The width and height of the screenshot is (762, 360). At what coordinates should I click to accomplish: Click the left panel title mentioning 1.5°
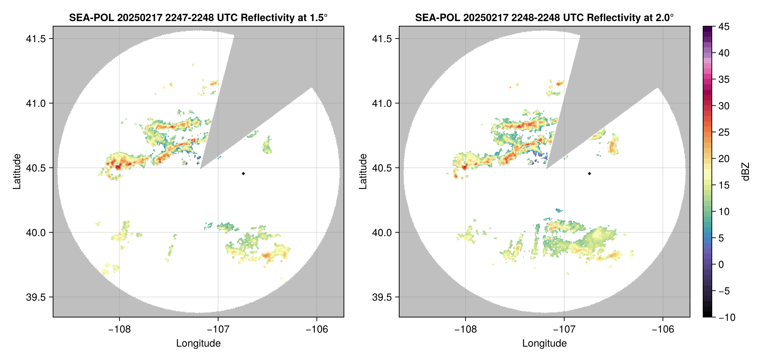click(198, 17)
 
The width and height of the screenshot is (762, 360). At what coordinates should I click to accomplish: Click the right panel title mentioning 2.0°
click(544, 17)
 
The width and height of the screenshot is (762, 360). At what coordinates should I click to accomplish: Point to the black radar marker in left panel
click(243, 173)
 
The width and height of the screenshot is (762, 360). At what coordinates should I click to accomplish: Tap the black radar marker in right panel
click(589, 173)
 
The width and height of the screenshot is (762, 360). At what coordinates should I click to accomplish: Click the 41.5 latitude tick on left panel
click(36, 39)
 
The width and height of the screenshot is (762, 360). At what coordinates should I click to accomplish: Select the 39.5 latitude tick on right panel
click(382, 297)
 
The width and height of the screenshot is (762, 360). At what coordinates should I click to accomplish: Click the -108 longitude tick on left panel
click(119, 329)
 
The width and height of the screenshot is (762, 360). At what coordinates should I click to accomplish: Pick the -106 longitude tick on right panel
click(663, 329)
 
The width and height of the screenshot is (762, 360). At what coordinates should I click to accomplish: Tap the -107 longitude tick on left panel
click(218, 329)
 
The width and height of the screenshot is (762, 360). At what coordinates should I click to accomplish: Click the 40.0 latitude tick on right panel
click(382, 232)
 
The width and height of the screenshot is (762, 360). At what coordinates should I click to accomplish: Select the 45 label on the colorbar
click(724, 27)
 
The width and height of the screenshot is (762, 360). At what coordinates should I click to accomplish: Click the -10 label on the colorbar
click(727, 317)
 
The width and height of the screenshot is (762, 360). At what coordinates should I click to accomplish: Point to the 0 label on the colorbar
click(721, 265)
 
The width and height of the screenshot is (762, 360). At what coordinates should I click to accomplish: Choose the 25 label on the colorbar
click(724, 132)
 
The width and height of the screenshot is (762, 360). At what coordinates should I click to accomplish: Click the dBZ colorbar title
click(746, 172)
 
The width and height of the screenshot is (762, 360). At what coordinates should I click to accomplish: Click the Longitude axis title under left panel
click(198, 343)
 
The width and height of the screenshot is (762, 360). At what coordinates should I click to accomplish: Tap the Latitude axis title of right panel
click(363, 172)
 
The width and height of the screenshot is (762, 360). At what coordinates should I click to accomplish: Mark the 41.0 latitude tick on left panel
click(36, 103)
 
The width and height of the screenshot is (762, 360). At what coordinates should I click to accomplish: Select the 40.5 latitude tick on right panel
click(382, 168)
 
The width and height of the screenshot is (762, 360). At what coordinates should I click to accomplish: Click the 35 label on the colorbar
click(724, 80)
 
